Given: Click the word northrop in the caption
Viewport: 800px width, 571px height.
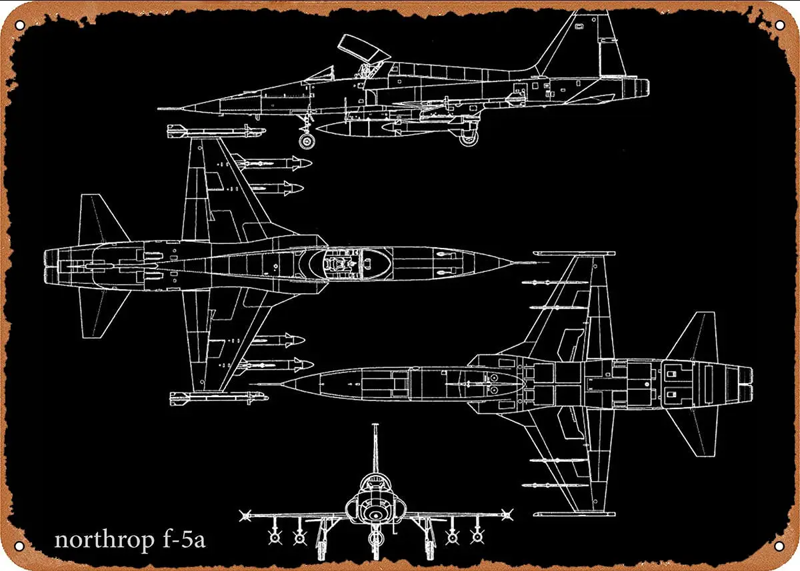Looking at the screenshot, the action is pos(103,539).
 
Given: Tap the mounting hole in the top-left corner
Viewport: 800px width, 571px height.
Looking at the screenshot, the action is pos(19,25).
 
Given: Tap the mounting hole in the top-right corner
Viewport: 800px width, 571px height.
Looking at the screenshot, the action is pos(779,25).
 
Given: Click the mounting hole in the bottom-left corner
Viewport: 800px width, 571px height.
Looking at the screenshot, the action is pos(19,546).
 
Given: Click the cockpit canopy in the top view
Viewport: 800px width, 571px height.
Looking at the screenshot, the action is pos(353,260).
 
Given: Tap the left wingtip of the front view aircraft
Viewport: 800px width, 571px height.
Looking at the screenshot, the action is pos(245,514).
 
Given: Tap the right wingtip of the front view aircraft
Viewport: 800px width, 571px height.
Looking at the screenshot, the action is pos(509,514).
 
